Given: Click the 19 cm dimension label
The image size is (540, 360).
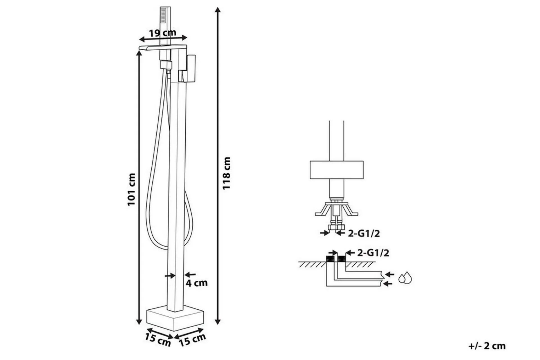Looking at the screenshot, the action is [163, 33].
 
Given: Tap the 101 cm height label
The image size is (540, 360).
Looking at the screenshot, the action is [132, 190].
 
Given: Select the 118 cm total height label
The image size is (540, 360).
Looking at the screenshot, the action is [226, 173].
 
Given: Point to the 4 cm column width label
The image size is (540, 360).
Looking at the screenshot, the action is [197, 283].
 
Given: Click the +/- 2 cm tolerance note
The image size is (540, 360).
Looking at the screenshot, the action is [487, 346].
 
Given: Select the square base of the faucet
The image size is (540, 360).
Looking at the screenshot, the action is [175, 319].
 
